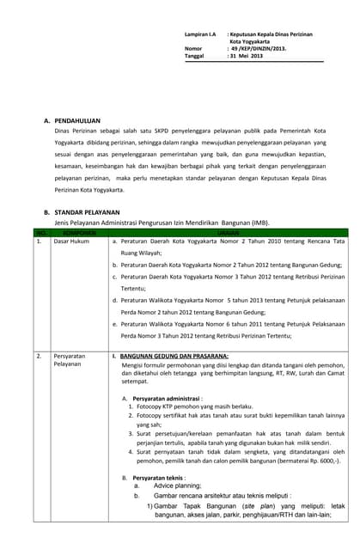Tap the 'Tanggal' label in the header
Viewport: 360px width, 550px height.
195,56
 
